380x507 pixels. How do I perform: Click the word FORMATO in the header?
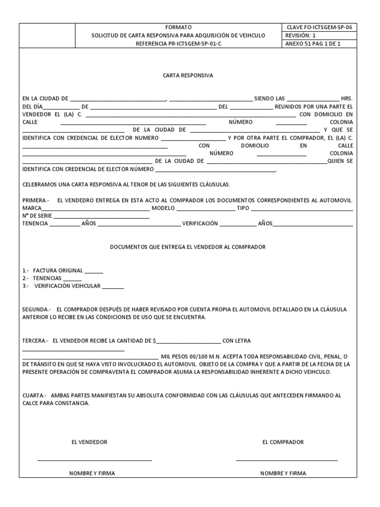pos(179,27)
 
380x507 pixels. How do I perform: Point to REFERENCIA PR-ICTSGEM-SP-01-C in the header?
pos(179,44)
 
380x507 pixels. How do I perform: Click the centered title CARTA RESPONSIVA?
pos(188,76)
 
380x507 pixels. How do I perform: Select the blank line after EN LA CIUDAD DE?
pos(118,99)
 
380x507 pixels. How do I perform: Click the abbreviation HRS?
pos(347,99)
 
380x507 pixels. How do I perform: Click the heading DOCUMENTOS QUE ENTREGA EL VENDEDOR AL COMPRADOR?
pos(188,247)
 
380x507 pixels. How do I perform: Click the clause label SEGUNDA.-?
pos(37,309)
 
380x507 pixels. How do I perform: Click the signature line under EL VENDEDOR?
pos(95,460)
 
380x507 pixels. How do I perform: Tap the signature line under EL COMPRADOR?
pos(286,460)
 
